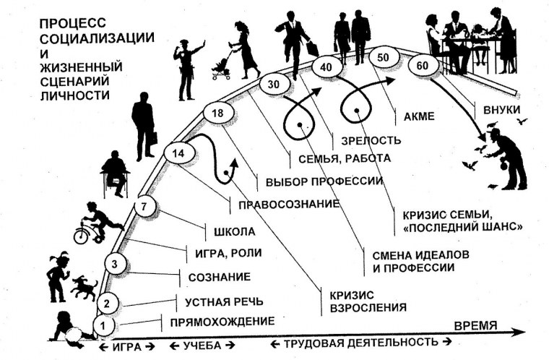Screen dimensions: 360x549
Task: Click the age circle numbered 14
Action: point(178,153)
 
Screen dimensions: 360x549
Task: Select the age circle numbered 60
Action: point(420,65)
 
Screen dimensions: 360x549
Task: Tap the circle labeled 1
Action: point(105,327)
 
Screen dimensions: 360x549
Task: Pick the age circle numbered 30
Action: point(253,84)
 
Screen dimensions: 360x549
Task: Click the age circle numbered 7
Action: point(144,206)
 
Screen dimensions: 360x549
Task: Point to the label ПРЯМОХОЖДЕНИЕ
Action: point(222,321)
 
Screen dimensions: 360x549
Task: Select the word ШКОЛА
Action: point(235,232)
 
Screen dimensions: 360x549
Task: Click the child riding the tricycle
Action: point(99,220)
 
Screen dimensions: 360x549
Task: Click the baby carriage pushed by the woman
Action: point(220,66)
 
